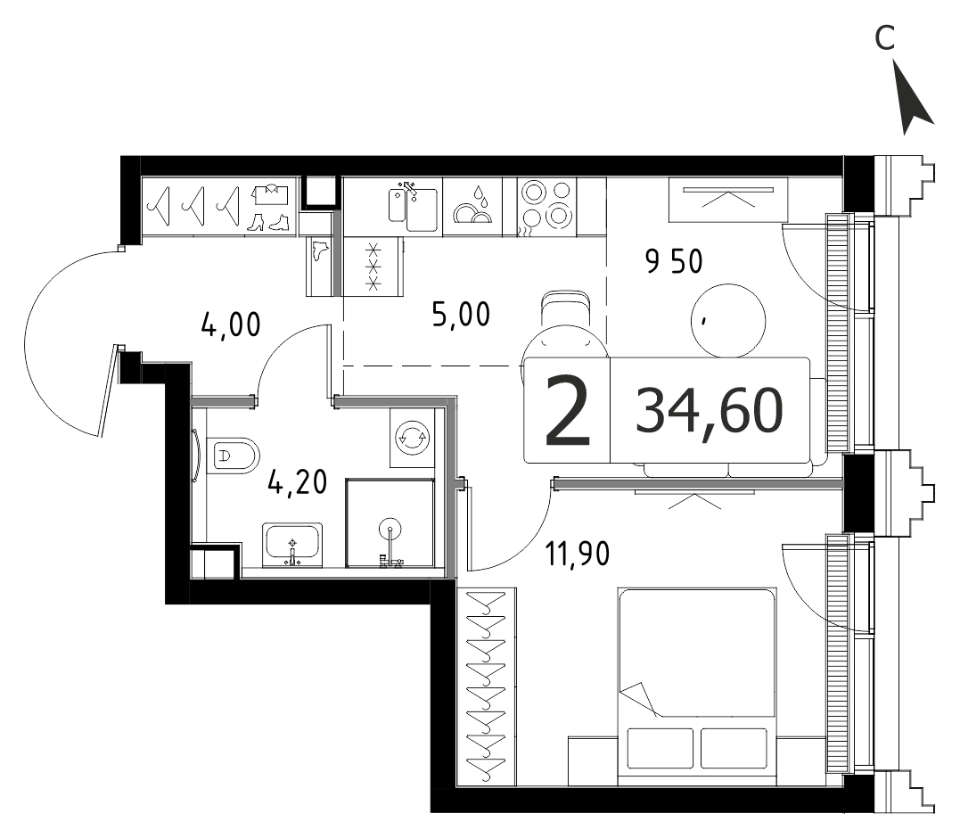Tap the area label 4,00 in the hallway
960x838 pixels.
coord(231,325)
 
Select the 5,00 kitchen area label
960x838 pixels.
coord(461,315)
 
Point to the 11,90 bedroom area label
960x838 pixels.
coord(578,554)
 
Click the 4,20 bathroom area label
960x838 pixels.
coord(298,481)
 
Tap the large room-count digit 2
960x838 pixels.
coord(568,411)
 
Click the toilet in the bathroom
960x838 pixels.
coord(234,456)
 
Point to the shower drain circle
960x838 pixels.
coord(390,527)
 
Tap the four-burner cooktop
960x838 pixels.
coord(546,207)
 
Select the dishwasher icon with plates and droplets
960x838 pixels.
coord(472,206)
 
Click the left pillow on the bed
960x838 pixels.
coord(661,747)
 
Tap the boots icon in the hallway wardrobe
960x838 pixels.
coord(267,222)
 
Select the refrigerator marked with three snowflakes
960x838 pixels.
coord(373,267)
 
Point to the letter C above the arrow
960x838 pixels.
coord(885,38)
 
